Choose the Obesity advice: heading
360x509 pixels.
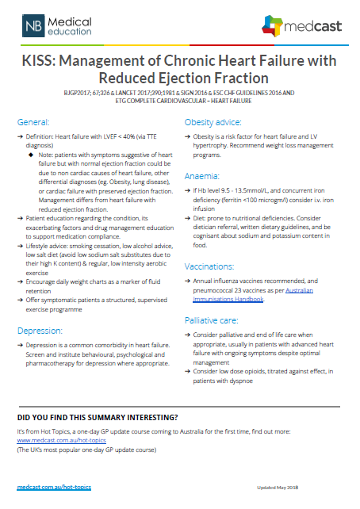(213, 124)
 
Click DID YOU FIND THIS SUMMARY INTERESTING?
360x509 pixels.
(98, 417)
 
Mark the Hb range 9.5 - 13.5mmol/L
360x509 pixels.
(236, 191)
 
